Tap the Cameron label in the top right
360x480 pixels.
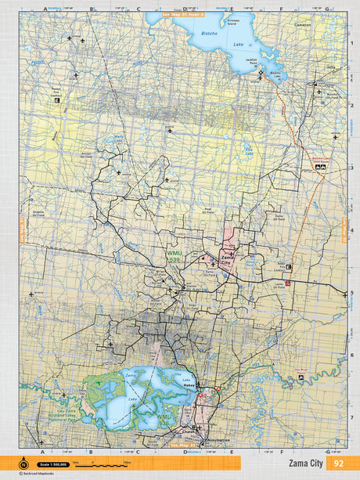click(303, 24)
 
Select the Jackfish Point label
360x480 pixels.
click(250, 61)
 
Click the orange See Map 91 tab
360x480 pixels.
click(182, 14)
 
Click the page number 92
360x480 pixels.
click(339, 464)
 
